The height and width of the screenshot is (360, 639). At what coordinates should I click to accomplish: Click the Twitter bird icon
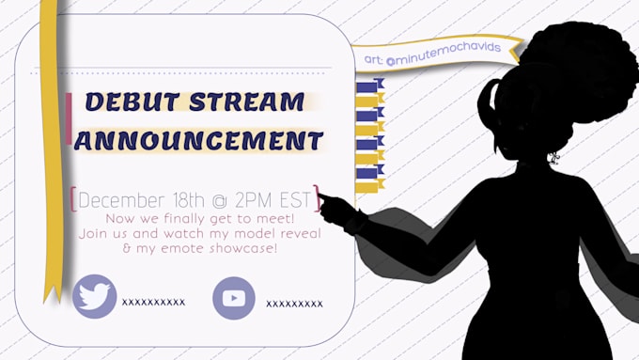[94, 296]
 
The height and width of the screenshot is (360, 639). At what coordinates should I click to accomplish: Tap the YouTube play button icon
[234, 299]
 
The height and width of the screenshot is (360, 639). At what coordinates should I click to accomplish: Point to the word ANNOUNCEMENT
[198, 142]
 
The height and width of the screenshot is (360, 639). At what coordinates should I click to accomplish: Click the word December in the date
[123, 200]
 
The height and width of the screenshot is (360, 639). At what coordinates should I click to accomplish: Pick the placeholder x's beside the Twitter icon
[153, 303]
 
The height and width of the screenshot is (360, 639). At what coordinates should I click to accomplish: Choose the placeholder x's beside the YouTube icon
[294, 304]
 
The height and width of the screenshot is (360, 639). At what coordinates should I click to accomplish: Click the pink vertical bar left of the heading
[69, 120]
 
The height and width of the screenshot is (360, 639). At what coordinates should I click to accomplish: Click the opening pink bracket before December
[73, 200]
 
